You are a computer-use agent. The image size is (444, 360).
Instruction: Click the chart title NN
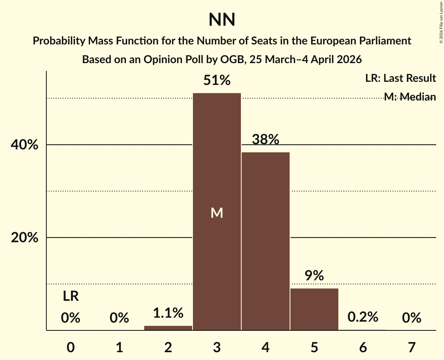[x=222, y=20]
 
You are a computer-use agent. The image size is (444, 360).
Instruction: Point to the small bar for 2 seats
[x=168, y=328]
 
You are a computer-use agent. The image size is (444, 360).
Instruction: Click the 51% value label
[x=217, y=81]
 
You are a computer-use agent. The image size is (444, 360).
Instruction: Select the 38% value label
[x=265, y=139]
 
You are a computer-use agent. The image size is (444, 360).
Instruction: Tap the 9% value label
[x=314, y=276]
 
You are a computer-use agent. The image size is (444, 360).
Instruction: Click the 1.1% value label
[x=168, y=312]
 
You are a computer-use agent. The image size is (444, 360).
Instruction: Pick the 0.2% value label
[x=363, y=317]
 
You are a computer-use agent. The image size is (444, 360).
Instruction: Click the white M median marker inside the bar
[x=217, y=213]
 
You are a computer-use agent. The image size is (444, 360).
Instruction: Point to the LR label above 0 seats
[x=71, y=296]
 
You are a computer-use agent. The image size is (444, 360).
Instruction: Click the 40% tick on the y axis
[x=25, y=145]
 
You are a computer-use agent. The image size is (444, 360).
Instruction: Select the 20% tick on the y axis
[x=25, y=238]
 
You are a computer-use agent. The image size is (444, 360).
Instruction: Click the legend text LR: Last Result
[x=400, y=78]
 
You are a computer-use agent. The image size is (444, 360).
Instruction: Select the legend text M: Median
[x=410, y=97]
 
